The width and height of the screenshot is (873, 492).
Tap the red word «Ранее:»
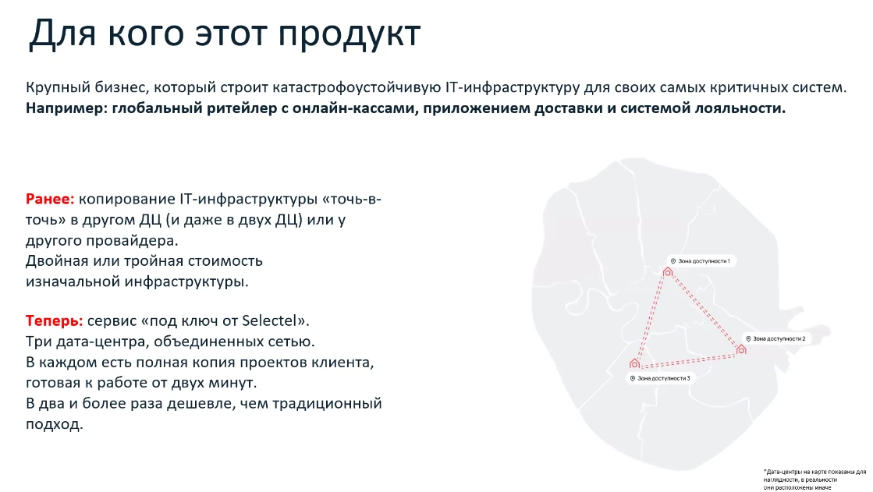coord(51,200)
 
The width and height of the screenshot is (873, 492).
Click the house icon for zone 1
coord(668,271)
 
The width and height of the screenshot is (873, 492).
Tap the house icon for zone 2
coord(741,350)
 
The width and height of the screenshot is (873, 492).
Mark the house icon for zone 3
coord(634,363)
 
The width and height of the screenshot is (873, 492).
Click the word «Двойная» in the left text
coord(55,260)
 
